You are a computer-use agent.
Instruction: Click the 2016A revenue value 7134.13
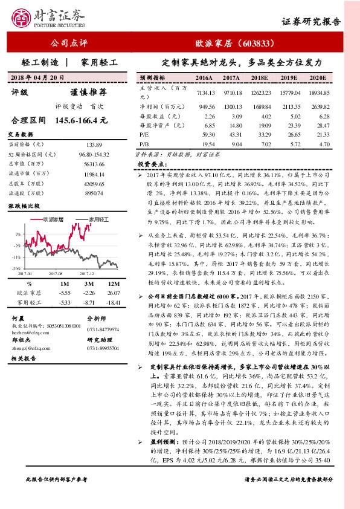(205, 92)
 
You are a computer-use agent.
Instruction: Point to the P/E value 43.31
(232, 134)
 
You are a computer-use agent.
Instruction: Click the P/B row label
(144, 144)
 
